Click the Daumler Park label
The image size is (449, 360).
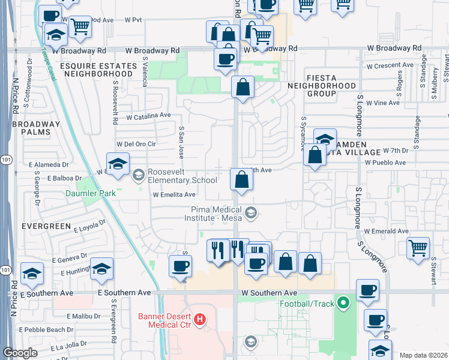pyautogui.click(x=91, y=194)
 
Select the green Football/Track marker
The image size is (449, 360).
pyautogui.click(x=343, y=303)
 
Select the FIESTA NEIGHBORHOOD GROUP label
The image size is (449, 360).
pyautogui.click(x=330, y=86)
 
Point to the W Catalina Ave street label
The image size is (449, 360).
pyautogui.click(x=148, y=115)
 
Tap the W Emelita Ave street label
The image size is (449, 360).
pyautogui.click(x=174, y=194)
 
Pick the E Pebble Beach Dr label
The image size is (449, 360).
pyautogui.click(x=46, y=330)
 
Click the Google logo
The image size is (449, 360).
pyautogui.click(x=20, y=353)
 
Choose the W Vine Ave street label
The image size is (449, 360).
pyautogui.click(x=383, y=103)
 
